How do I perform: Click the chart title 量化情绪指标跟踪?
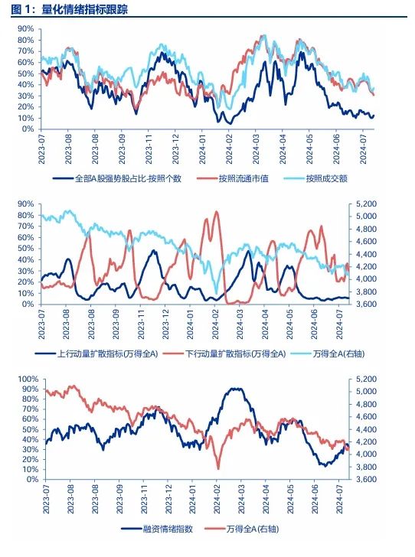(84, 9)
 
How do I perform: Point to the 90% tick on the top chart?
(25, 29)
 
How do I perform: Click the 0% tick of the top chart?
(28, 129)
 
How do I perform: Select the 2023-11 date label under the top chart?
(149, 149)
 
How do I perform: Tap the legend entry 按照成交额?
(326, 178)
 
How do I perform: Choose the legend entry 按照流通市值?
(243, 178)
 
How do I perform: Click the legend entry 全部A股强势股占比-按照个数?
(128, 178)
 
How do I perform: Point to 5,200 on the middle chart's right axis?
(366, 204)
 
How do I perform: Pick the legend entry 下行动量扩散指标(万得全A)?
(235, 353)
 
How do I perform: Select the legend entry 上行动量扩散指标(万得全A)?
(107, 353)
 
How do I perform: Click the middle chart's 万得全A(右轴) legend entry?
(338, 353)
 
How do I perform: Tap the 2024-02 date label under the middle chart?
(215, 324)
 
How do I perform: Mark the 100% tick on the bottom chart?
(28, 379)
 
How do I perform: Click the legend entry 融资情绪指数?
(168, 529)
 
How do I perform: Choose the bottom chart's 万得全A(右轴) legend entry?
(252, 529)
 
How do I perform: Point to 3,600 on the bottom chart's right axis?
(366, 480)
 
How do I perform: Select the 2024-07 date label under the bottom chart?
(340, 500)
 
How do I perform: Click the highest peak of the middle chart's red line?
(216, 212)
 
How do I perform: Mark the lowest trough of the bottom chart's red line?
(218, 469)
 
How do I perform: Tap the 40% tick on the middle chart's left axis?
(25, 259)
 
